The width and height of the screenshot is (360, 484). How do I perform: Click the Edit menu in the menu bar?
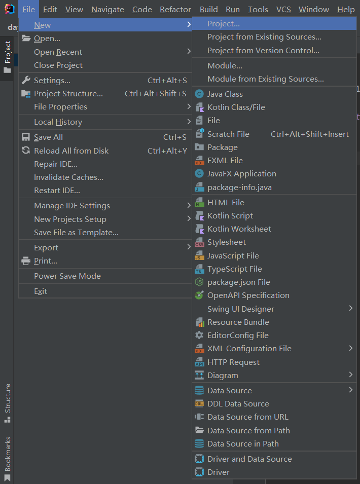(x=50, y=9)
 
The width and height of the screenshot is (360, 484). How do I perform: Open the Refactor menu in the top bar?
(x=175, y=9)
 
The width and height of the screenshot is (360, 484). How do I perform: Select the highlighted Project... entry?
(x=224, y=23)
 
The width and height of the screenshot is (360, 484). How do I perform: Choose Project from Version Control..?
(x=263, y=50)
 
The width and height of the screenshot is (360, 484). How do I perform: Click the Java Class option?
(x=225, y=94)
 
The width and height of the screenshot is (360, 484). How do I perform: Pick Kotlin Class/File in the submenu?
(x=236, y=107)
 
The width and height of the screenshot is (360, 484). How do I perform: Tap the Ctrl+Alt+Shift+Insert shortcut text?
(x=310, y=134)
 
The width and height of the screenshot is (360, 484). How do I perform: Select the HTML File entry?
(x=226, y=202)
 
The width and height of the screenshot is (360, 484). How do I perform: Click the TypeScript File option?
(x=234, y=269)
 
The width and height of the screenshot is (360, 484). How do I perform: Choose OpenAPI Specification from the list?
(x=248, y=295)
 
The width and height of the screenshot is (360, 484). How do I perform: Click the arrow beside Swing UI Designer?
(x=350, y=308)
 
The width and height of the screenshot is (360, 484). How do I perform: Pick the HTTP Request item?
(x=233, y=362)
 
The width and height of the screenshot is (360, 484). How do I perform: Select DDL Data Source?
(x=238, y=403)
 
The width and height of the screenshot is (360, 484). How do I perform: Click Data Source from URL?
(x=247, y=417)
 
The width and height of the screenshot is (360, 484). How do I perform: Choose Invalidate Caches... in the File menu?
(x=68, y=177)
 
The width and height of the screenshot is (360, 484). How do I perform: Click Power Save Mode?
(x=67, y=276)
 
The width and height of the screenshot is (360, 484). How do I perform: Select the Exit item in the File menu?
(x=41, y=291)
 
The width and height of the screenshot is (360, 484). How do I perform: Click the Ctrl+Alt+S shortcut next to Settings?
(x=167, y=80)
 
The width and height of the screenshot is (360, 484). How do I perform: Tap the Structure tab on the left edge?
(x=8, y=398)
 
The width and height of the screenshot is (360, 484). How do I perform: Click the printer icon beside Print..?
(x=25, y=261)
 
